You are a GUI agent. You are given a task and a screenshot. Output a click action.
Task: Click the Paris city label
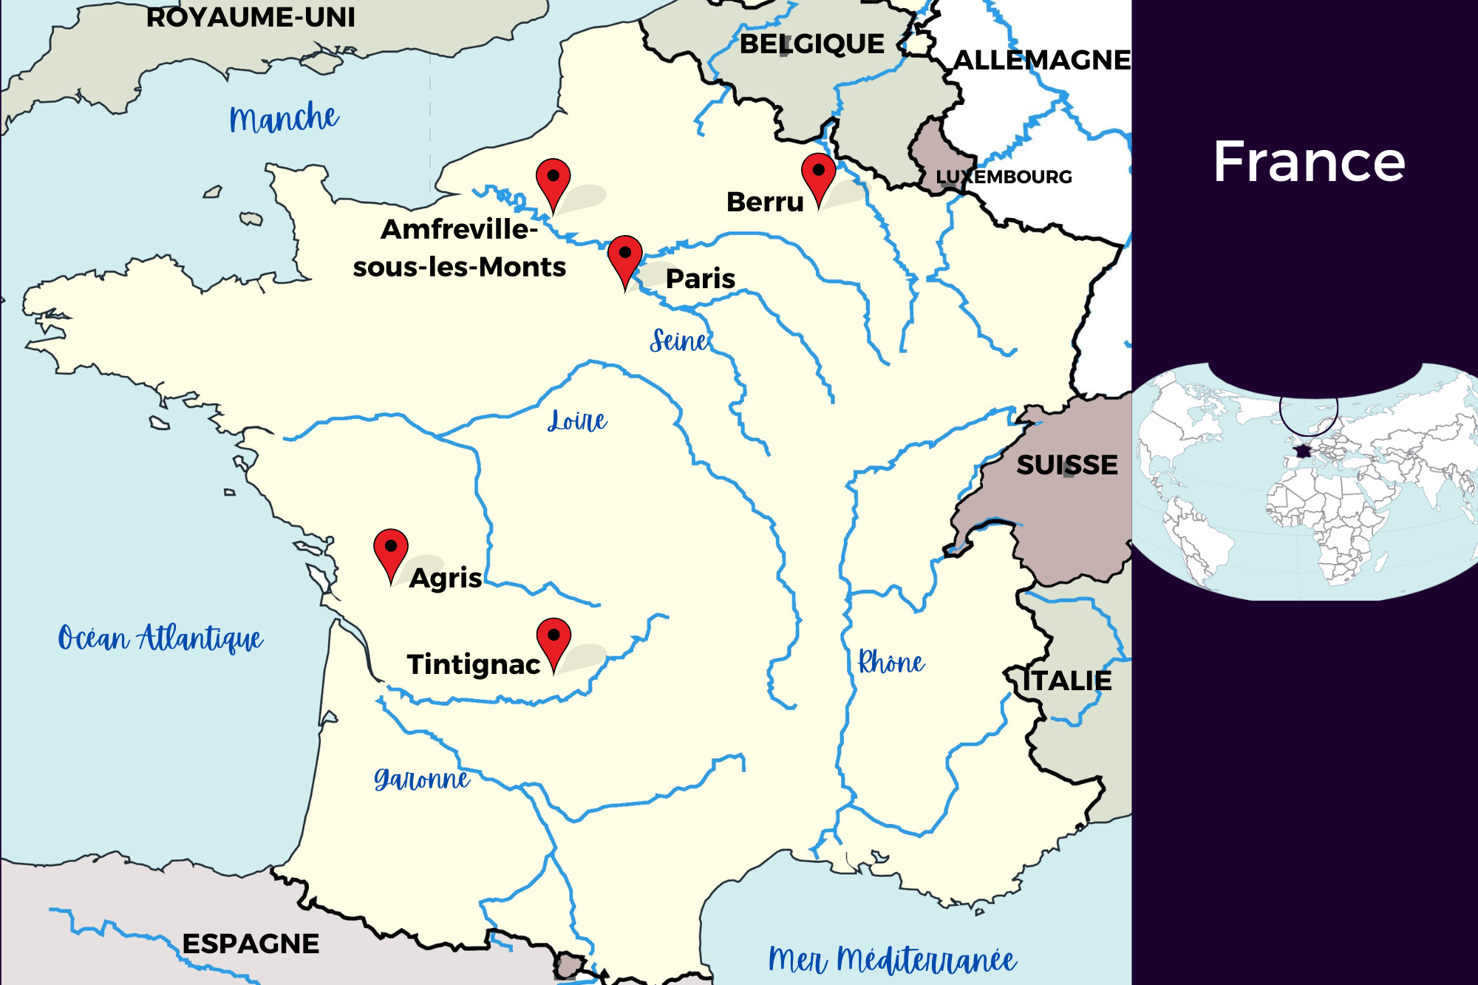coord(700,279)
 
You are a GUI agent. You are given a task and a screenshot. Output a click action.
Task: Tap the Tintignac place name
coord(473,664)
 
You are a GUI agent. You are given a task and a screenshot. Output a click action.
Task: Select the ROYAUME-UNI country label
coord(251,17)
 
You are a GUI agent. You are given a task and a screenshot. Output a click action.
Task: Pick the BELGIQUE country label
coord(811,44)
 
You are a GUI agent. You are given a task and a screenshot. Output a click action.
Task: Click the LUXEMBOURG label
coord(1004,177)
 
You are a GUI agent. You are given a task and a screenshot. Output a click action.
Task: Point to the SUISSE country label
coord(1066,465)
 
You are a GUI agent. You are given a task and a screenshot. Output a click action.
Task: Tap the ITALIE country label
coord(1066,681)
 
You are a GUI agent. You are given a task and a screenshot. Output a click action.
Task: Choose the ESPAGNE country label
coord(251,944)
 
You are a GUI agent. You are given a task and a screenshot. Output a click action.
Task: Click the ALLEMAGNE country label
coord(1042,60)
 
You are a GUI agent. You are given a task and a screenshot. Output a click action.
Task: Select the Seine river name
coord(679,341)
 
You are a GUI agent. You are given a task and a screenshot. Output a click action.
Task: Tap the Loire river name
coord(577,421)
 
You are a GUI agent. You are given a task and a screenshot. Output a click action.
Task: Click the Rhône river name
coord(890,663)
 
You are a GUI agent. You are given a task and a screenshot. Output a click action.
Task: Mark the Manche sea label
coord(284,118)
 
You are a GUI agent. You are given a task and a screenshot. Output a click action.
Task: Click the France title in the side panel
coord(1309,162)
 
